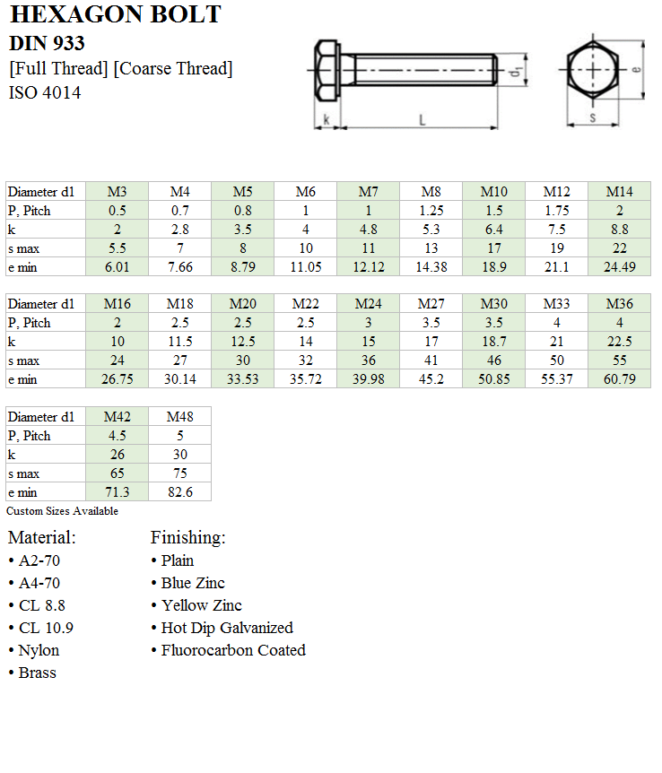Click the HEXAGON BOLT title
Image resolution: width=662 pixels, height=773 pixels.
115,14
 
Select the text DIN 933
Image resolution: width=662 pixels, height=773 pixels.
47,43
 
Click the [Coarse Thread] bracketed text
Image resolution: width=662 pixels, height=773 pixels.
173,68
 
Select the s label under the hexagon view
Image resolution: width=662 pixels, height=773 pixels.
592,117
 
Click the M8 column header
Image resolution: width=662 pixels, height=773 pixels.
431,192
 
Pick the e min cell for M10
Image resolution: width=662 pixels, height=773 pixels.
494,267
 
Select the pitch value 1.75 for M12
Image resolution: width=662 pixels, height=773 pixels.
557,211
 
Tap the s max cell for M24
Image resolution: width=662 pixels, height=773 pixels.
369,360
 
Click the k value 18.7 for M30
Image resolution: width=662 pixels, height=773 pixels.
494,342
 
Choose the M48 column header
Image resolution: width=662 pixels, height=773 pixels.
180,417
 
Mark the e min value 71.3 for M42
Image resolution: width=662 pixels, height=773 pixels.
118,492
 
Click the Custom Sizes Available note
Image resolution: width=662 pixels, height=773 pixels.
63,511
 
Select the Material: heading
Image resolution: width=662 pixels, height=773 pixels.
42,538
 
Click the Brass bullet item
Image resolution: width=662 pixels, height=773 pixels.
37,673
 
